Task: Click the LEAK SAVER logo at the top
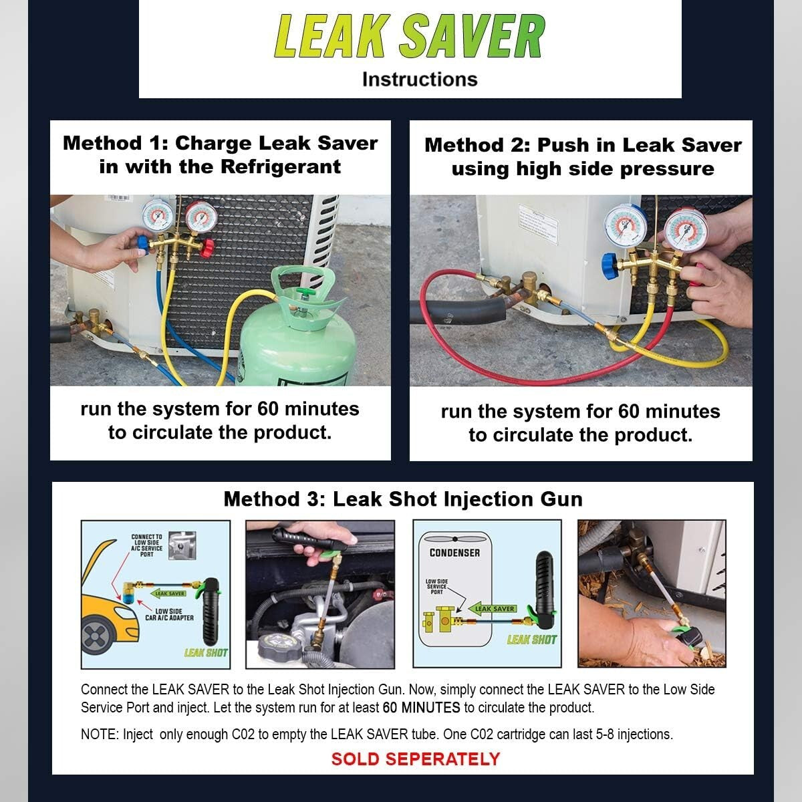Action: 410,36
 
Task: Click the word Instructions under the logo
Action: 420,80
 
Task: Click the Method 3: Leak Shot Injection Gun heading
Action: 403,499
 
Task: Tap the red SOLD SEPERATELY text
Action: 415,759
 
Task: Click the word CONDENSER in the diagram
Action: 454,553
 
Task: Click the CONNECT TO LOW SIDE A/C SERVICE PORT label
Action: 146,545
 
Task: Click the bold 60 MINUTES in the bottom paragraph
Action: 421,708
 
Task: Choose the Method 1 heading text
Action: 220,155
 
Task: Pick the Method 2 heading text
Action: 583,157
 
